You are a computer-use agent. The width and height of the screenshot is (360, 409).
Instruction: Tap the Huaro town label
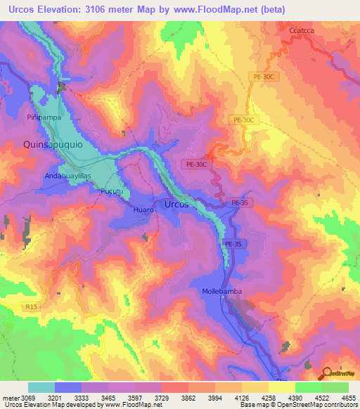click(143, 209)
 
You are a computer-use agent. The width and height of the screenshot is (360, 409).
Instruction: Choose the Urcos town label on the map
click(176, 204)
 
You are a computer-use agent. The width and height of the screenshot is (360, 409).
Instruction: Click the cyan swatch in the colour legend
click(41, 387)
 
